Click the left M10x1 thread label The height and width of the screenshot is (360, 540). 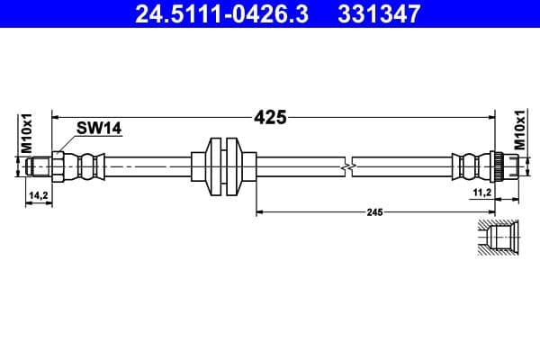(27, 131)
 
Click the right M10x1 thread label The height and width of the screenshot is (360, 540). (520, 131)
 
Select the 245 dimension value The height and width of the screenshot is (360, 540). (375, 212)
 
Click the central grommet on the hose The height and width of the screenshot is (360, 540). (222, 166)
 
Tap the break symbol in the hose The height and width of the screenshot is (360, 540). (350, 166)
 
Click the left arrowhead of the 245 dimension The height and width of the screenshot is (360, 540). (262, 212)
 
